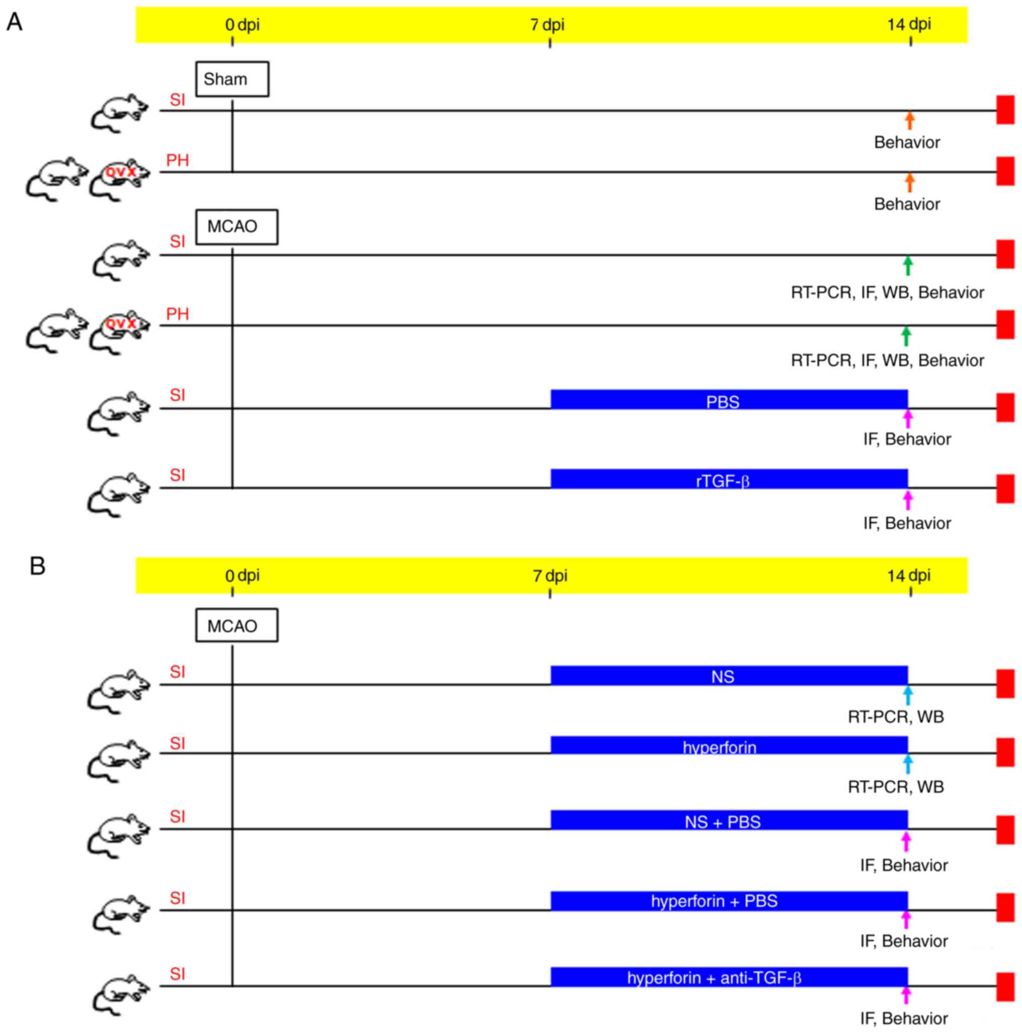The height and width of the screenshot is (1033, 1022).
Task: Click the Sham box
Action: pyautogui.click(x=232, y=79)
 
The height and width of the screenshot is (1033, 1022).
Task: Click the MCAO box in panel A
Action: pyautogui.click(x=236, y=227)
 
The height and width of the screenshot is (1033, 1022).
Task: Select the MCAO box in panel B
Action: pyautogui.click(x=236, y=625)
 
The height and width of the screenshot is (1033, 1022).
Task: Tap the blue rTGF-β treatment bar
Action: pyautogui.click(x=729, y=479)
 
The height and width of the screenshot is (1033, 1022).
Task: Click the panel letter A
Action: pyautogui.click(x=15, y=23)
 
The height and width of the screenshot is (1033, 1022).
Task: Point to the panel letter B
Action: pyautogui.click(x=37, y=566)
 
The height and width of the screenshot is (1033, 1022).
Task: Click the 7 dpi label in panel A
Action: pyautogui.click(x=547, y=25)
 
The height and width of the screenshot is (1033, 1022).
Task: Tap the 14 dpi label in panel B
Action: pyautogui.click(x=909, y=576)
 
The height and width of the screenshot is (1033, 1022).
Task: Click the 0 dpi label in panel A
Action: pyautogui.click(x=242, y=25)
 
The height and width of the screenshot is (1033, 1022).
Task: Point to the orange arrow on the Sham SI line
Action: pyautogui.click(x=909, y=120)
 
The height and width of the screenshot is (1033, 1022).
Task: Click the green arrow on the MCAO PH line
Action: pyautogui.click(x=905, y=336)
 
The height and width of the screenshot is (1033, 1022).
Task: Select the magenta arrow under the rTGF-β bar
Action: pyautogui.click(x=908, y=500)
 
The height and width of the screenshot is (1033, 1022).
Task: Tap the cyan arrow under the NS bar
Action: pyautogui.click(x=908, y=695)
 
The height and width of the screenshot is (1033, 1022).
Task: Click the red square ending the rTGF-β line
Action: pyautogui.click(x=1005, y=488)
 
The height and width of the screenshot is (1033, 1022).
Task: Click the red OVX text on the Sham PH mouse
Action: pyautogui.click(x=120, y=172)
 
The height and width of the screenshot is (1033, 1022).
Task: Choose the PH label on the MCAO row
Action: pyautogui.click(x=178, y=314)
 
